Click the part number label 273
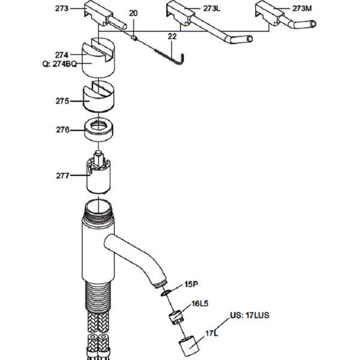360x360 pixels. pyautogui.click(x=62, y=8)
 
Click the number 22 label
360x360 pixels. pyautogui.click(x=172, y=37)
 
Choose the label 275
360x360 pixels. pyautogui.click(x=62, y=101)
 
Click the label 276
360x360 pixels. pyautogui.click(x=62, y=130)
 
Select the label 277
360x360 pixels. pyautogui.click(x=62, y=176)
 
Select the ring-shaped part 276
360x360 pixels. pyautogui.click(x=100, y=130)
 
